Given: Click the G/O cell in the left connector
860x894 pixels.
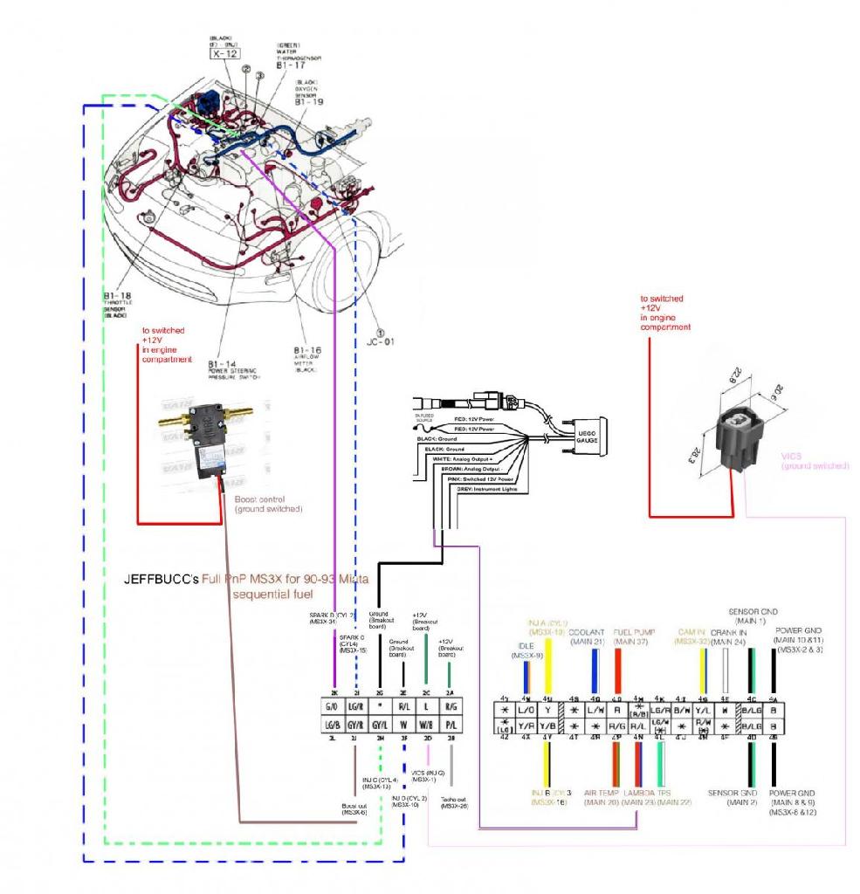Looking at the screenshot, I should point(331,706).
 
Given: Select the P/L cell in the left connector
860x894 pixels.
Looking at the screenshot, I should point(450,725).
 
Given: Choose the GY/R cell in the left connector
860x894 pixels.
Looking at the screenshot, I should point(355,725).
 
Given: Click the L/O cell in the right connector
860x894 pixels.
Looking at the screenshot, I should point(526,711).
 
